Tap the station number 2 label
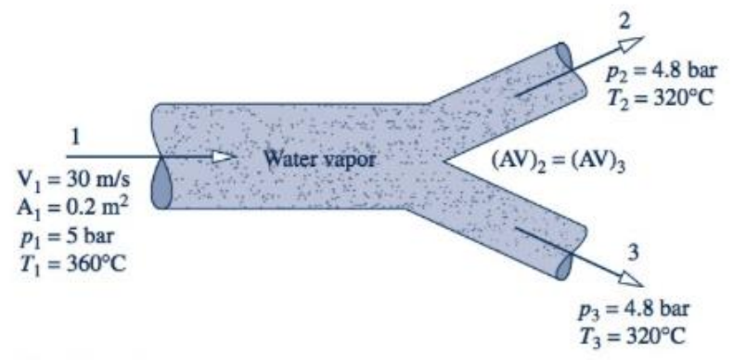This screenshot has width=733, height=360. (632, 17)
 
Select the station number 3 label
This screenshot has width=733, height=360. (632, 251)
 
